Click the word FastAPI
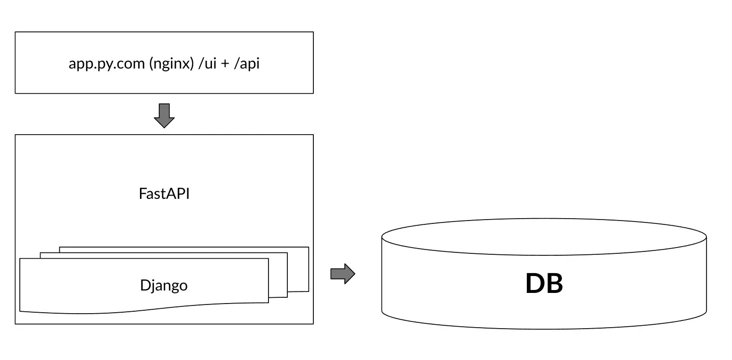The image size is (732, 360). coord(164,194)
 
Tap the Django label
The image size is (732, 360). coord(164,285)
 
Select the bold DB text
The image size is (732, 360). coord(544,284)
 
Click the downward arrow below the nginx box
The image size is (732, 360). coord(164,115)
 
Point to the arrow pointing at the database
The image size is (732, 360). coord(342,274)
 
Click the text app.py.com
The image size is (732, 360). coord(107,63)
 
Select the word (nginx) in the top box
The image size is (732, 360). coord(171,63)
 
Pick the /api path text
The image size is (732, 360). coord(246,63)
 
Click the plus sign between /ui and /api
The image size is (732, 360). coord(224,64)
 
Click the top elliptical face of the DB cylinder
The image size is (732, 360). coord(544,236)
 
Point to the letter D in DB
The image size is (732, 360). coord(534,284)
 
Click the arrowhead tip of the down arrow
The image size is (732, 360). coord(164,126)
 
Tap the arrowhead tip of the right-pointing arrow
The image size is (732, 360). coord(354,274)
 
